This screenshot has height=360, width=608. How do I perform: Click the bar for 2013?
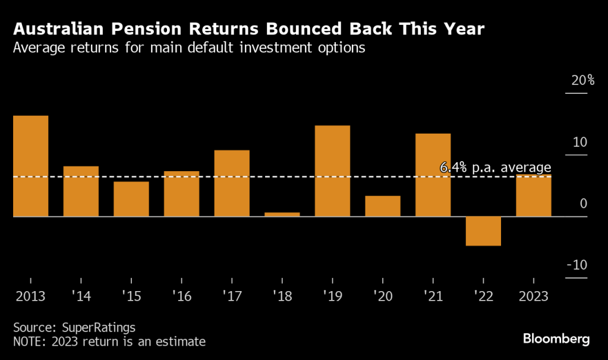pos(30,166)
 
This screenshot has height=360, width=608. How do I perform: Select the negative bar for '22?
pos(483,231)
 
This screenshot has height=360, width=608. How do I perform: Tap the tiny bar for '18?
pos(282,214)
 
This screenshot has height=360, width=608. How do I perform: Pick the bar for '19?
pos(332,171)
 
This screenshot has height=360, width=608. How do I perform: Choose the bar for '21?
pos(433,175)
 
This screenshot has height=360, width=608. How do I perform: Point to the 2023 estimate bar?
pos(533,196)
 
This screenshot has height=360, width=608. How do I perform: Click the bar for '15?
pos(131,199)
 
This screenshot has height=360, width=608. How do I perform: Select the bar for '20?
pos(382,206)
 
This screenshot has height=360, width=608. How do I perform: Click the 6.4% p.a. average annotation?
pos(495,168)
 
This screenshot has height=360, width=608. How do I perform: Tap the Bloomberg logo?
pos(556,339)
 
